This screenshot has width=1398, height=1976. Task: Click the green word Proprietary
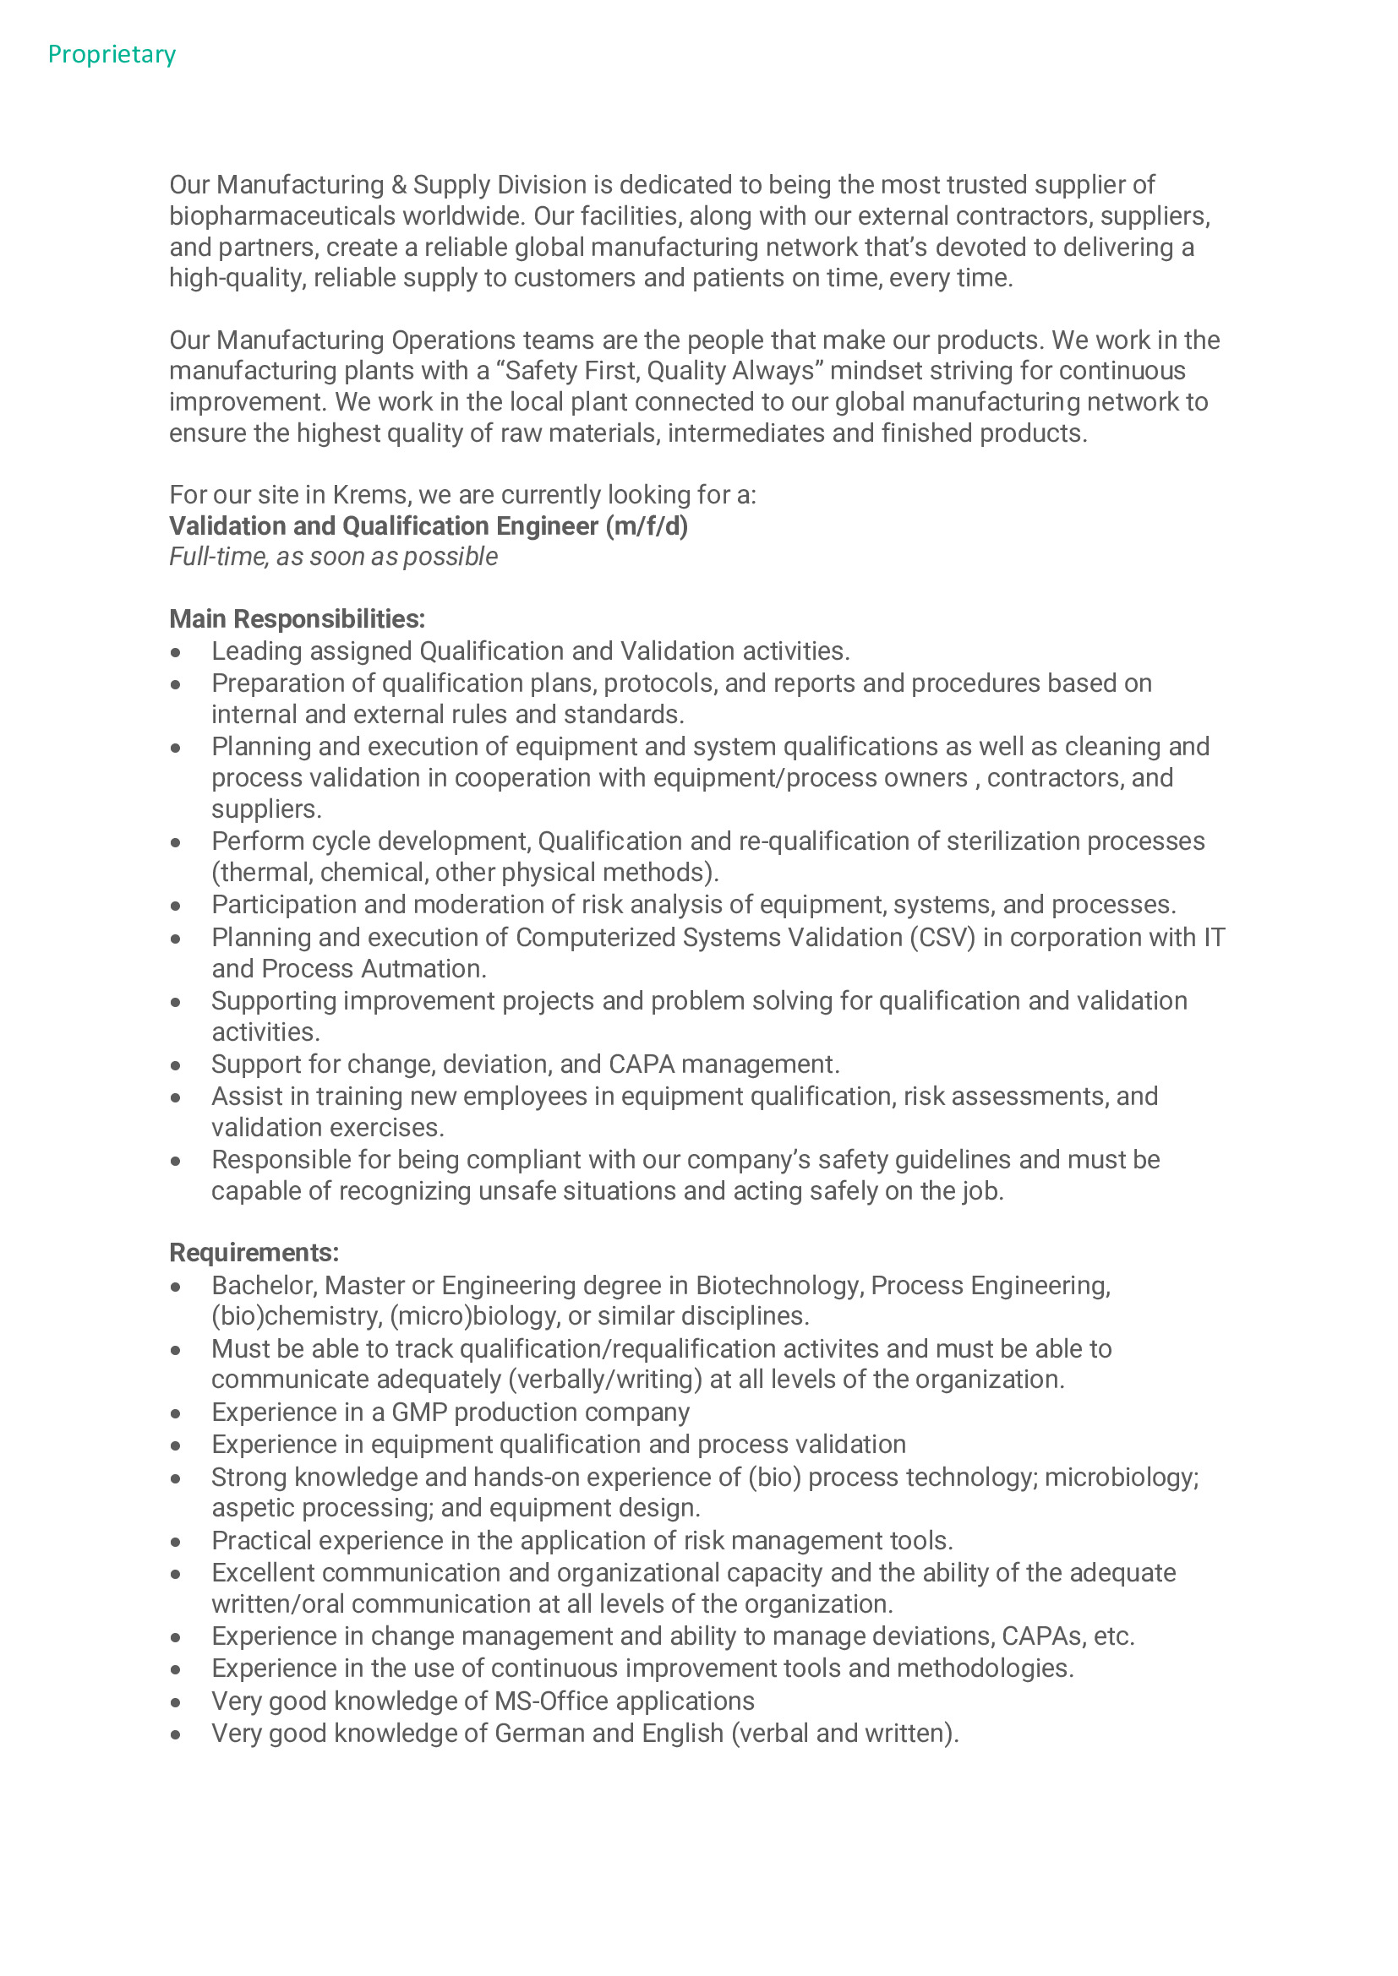pyautogui.click(x=112, y=54)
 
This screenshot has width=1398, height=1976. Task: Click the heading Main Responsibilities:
pyautogui.click(x=297, y=618)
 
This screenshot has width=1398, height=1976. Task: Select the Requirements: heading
pyautogui.click(x=254, y=1252)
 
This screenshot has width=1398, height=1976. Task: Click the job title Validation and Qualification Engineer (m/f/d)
pyautogui.click(x=428, y=525)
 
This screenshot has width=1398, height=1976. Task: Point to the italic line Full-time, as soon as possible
pyautogui.click(x=333, y=557)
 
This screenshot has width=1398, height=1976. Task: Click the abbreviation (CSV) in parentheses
pyautogui.click(x=942, y=937)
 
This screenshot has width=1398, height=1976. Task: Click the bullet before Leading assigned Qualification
pyautogui.click(x=176, y=652)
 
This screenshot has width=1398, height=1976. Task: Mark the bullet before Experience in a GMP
pyautogui.click(x=176, y=1413)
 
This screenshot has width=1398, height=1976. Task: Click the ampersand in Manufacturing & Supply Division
pyautogui.click(x=399, y=185)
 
